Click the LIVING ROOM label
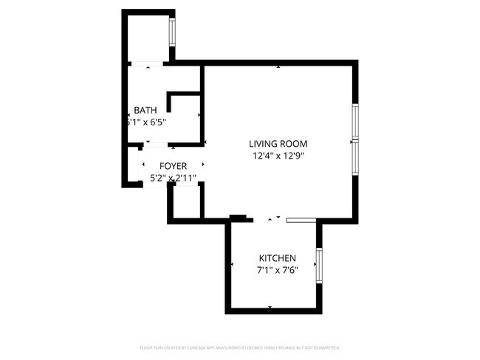(x=277, y=144)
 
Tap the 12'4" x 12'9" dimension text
(x=278, y=156)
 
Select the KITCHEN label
(x=277, y=258)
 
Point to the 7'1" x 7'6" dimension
(x=277, y=270)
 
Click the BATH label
(x=145, y=111)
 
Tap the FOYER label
(x=168, y=166)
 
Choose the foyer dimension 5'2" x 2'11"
(x=173, y=178)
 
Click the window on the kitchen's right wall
(x=319, y=266)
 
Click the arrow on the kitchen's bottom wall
(x=270, y=306)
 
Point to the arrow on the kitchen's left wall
(x=233, y=264)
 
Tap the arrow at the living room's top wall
(x=278, y=68)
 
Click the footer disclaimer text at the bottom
(x=239, y=347)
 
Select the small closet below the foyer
(x=187, y=202)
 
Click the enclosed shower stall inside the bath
(x=185, y=117)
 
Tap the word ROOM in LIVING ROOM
(x=293, y=144)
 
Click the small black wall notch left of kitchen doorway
(x=238, y=217)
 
